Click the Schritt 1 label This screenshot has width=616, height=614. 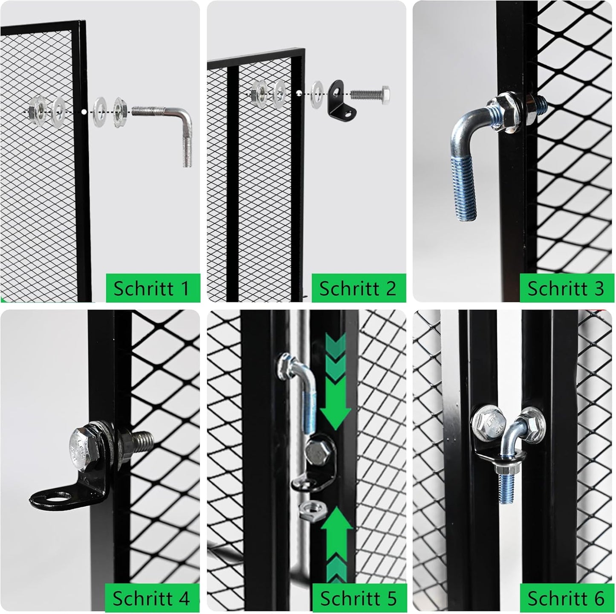151,288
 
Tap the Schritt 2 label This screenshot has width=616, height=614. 357,288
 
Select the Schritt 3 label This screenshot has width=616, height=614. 566,288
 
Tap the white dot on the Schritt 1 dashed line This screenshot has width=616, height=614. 84,112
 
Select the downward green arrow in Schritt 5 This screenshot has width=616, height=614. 335,381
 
